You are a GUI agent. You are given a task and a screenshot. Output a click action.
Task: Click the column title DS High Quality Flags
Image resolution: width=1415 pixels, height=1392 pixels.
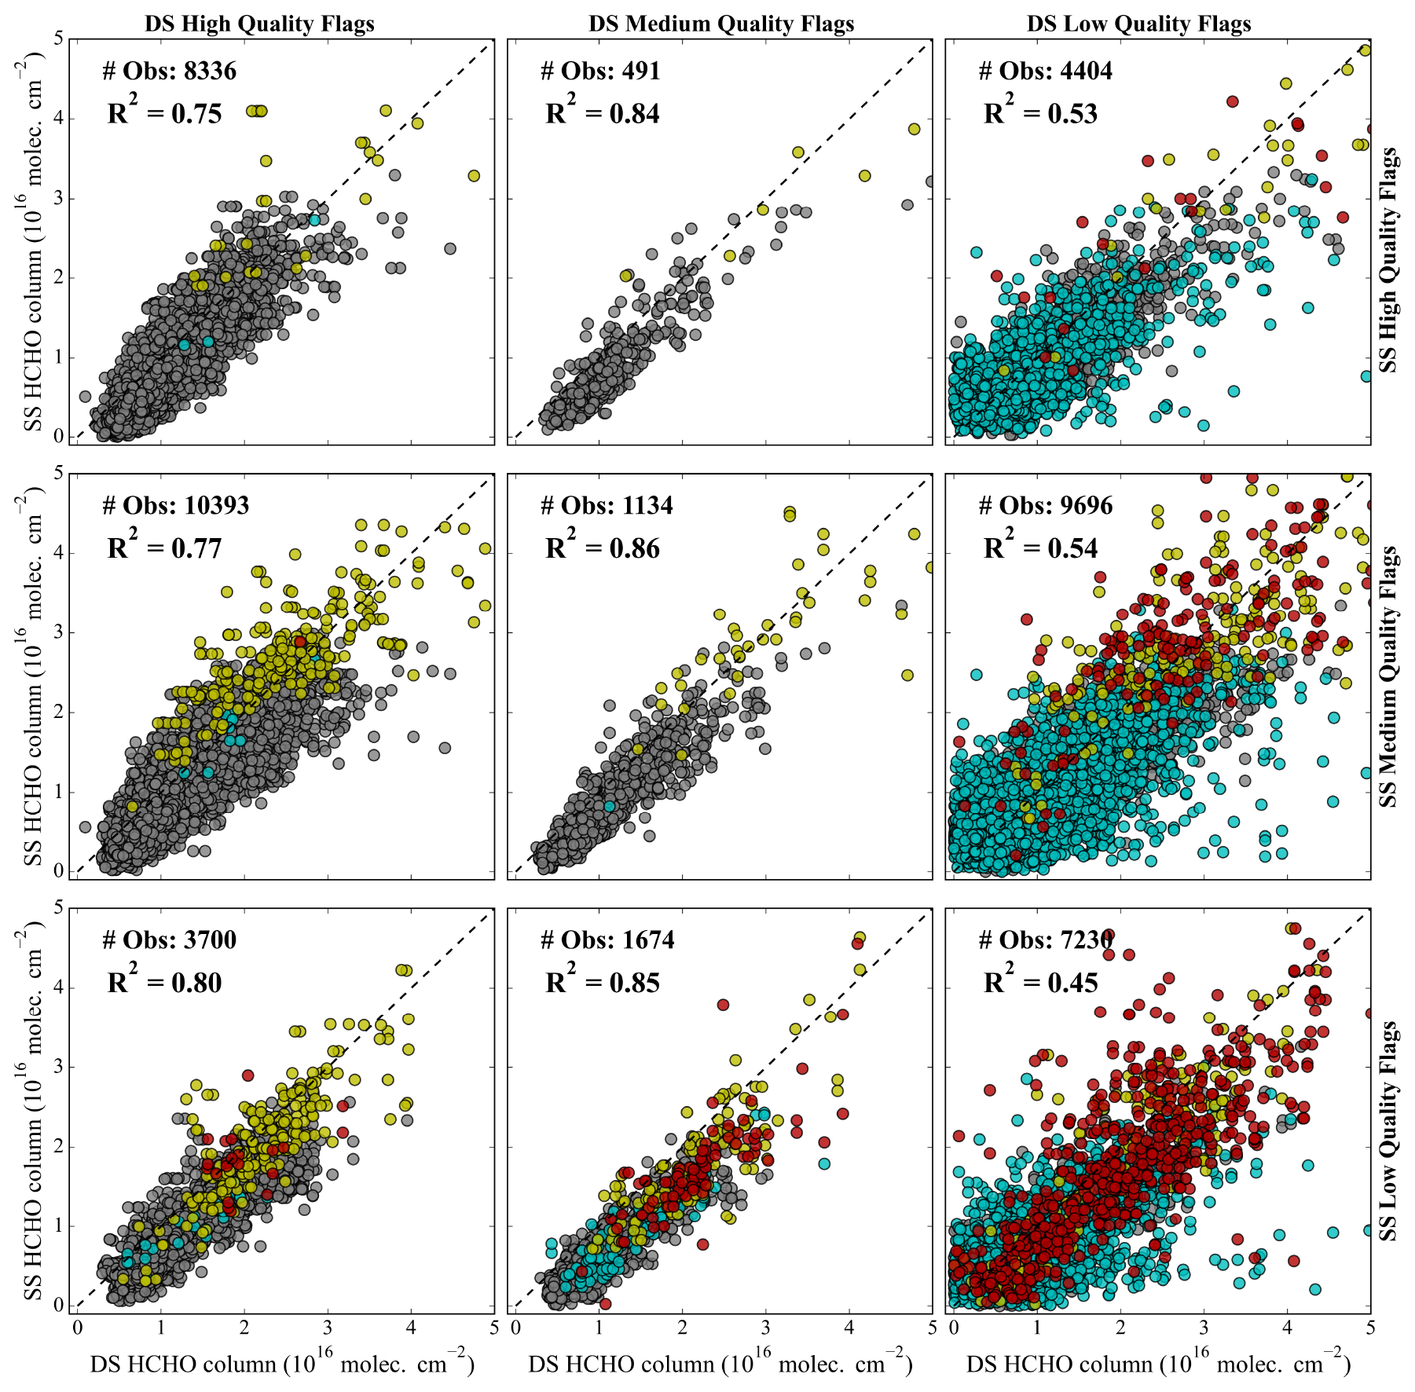coord(259,24)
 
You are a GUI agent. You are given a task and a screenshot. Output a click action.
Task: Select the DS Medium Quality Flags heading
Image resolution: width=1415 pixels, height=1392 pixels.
coord(721,24)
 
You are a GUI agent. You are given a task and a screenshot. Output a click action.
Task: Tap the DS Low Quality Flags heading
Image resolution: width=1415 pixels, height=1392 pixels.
coord(1138,24)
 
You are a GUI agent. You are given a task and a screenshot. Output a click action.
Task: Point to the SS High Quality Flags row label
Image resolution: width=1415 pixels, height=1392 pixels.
coord(1389,259)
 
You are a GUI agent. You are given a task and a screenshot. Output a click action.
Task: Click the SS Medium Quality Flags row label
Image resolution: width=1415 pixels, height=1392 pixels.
coord(1389,676)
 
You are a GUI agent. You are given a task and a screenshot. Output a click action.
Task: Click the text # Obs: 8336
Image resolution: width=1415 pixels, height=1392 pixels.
coord(169,71)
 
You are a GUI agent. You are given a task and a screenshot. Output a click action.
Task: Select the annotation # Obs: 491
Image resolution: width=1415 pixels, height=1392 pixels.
coord(600,71)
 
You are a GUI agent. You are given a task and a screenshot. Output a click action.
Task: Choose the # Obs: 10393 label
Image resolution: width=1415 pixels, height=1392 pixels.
coord(175,505)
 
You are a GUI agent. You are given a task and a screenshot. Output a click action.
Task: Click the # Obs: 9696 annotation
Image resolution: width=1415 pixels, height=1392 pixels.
coord(1045,505)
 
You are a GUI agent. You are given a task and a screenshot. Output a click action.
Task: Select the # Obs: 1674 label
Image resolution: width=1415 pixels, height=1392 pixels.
coord(607,940)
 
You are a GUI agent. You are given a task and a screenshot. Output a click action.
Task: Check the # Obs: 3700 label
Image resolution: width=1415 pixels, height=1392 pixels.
coord(169,940)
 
